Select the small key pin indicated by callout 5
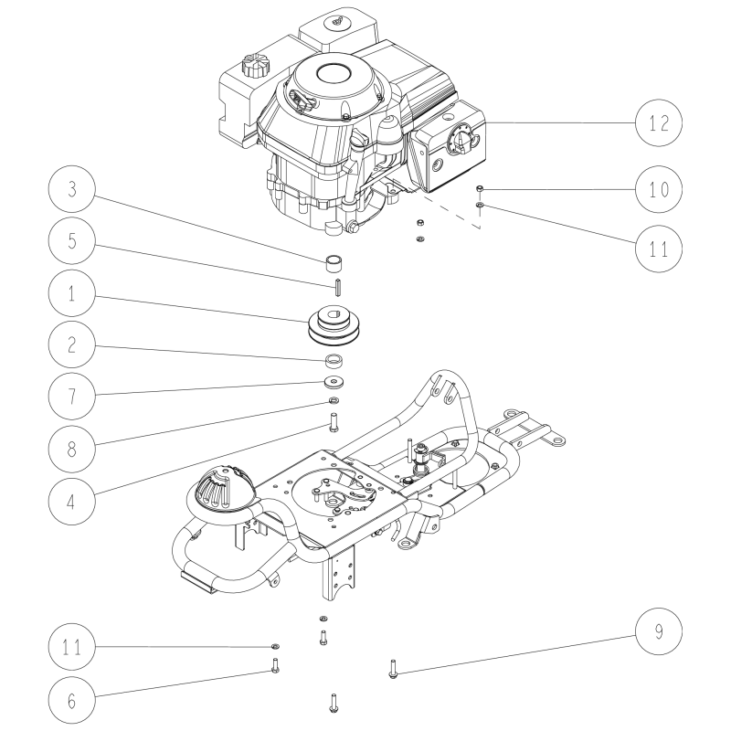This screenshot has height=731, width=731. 336,285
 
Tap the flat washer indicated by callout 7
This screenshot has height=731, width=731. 335,380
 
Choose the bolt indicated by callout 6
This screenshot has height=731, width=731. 274,664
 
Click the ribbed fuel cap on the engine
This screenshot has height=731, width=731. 253,67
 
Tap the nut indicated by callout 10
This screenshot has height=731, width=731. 480,188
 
